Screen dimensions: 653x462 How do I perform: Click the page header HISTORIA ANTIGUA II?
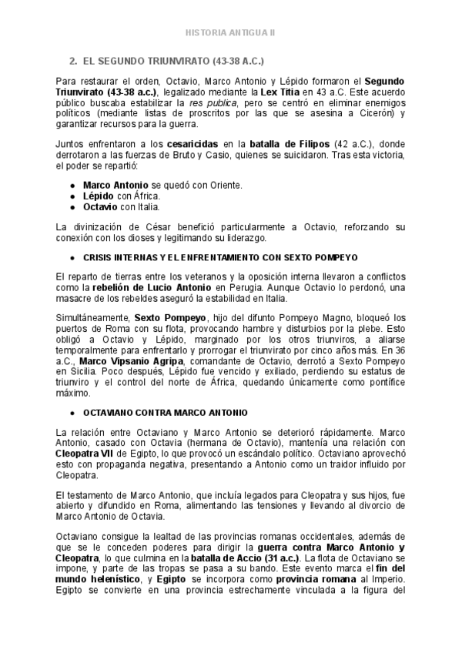231,34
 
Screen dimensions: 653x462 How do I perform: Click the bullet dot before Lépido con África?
72,196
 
